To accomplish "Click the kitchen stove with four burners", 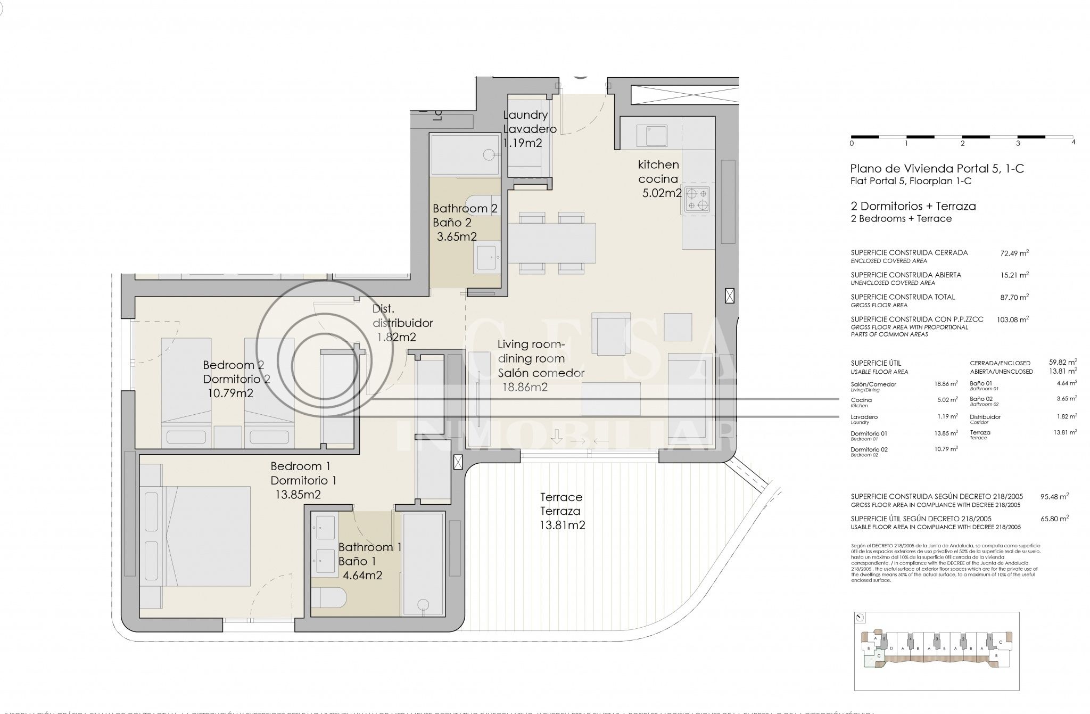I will [697, 199].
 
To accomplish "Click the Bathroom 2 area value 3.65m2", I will [457, 236].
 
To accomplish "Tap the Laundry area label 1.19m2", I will [523, 143].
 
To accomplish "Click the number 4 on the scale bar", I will [1073, 143].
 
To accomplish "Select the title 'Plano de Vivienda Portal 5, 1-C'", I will [937, 169].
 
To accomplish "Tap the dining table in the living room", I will [552, 243].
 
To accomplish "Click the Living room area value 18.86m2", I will [525, 387].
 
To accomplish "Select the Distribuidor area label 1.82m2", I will [397, 337].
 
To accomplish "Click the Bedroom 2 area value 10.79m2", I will [230, 393].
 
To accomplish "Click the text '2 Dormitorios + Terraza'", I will [913, 206].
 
